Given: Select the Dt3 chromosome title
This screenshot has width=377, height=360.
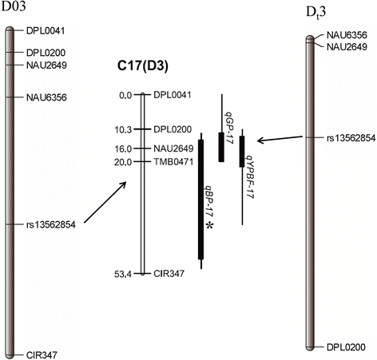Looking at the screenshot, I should pos(316,10).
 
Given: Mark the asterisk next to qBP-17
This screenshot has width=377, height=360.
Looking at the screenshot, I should pos(210,227).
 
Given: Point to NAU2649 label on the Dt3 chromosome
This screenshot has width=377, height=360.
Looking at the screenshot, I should pos(347,47).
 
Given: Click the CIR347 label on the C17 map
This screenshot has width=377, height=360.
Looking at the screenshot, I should pos(169,273).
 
